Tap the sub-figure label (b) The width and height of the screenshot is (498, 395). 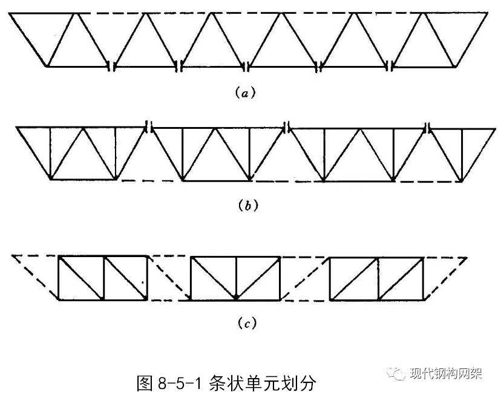(249, 206)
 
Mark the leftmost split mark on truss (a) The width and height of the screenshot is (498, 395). (111, 65)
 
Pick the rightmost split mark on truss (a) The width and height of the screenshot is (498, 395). (391, 65)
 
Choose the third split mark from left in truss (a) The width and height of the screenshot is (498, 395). (249, 65)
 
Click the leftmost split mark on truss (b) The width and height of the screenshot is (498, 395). (148, 127)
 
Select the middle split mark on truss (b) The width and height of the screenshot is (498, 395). (288, 127)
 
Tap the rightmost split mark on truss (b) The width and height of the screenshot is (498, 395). (428, 127)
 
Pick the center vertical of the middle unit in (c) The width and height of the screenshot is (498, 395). (236, 278)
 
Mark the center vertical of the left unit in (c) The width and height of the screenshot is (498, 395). (104, 278)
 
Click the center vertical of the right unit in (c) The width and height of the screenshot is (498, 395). (379, 278)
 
